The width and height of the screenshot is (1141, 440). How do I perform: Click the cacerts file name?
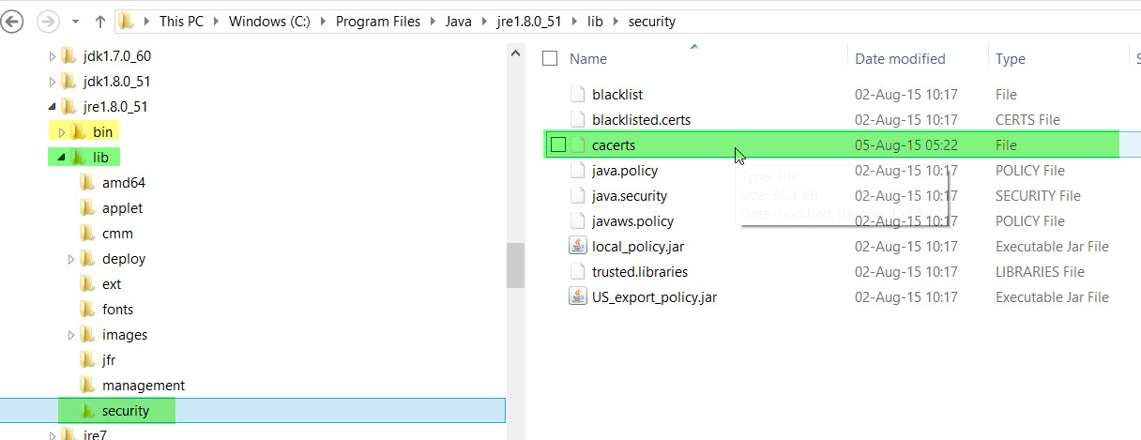coord(614,145)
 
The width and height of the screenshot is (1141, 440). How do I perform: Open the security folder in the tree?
coord(126,411)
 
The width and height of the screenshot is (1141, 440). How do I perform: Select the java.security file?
coord(630,196)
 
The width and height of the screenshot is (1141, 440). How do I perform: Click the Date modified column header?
coord(900,58)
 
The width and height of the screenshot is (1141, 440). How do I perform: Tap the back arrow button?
coord(13,21)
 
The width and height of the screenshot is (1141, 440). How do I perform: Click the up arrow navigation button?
coord(100,21)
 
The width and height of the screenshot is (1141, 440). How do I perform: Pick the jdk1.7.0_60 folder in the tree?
coord(117,56)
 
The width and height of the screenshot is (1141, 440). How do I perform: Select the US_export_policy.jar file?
coord(654,297)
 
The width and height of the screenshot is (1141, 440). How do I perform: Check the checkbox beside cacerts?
coord(558,145)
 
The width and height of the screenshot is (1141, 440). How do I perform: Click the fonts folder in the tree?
coord(117,310)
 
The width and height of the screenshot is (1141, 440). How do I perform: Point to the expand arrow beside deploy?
coord(71,259)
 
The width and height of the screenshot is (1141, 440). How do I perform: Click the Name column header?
coord(588,58)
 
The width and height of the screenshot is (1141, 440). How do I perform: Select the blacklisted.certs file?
coord(642,120)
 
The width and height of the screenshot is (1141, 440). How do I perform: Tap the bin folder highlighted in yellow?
coord(102,132)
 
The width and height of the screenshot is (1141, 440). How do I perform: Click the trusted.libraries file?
coord(640,272)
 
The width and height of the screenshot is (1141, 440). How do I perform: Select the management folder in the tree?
coord(144,386)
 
